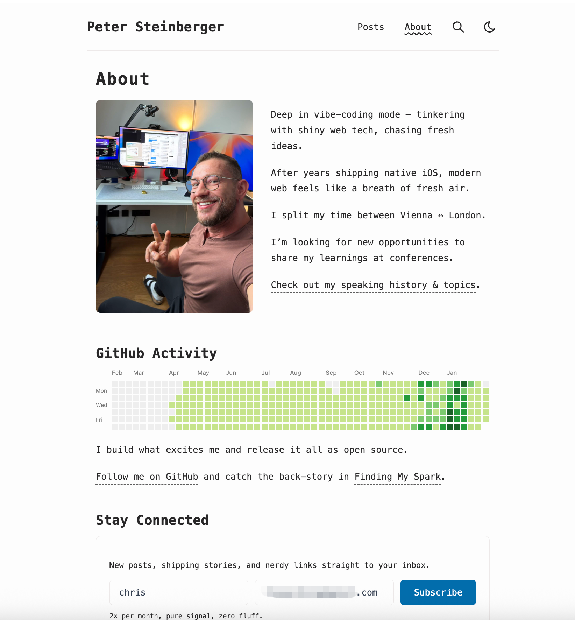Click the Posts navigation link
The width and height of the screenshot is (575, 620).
tap(370, 27)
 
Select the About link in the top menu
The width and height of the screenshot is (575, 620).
tap(418, 27)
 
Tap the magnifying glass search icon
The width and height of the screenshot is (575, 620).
tap(458, 27)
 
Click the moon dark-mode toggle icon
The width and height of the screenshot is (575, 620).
tap(489, 27)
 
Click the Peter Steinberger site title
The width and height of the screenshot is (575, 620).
tap(155, 27)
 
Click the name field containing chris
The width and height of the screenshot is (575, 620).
tap(179, 592)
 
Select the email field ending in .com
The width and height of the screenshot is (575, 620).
tap(324, 592)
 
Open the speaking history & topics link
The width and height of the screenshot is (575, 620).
tap(373, 285)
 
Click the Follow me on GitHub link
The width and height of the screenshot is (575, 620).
tap(147, 477)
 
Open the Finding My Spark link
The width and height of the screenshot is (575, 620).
tap(397, 477)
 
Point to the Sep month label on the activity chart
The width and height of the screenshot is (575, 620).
tap(331, 373)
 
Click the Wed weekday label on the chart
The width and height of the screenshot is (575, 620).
tap(101, 405)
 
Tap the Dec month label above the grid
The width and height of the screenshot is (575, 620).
tap(424, 373)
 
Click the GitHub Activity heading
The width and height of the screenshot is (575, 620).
tap(156, 353)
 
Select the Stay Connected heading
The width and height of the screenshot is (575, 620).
tap(152, 520)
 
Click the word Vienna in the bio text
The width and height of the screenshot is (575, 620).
tap(416, 215)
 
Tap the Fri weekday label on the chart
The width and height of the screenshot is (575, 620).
tap(99, 420)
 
